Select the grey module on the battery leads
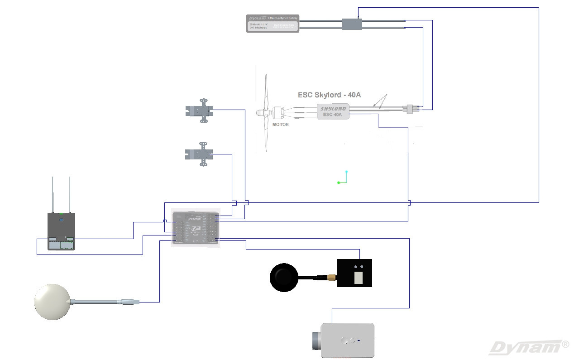point(352,24)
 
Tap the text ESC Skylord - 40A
point(329,95)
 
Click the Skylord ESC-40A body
point(333,111)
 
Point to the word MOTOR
point(280,125)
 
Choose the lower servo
point(200,154)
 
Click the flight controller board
point(196,229)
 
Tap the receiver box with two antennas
point(62,231)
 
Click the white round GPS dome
point(52,302)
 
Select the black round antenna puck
point(284,277)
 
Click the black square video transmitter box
point(354,273)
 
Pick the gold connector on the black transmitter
point(332,277)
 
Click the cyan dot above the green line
point(347,172)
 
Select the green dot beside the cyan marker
point(339,182)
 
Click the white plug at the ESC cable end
point(410,109)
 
